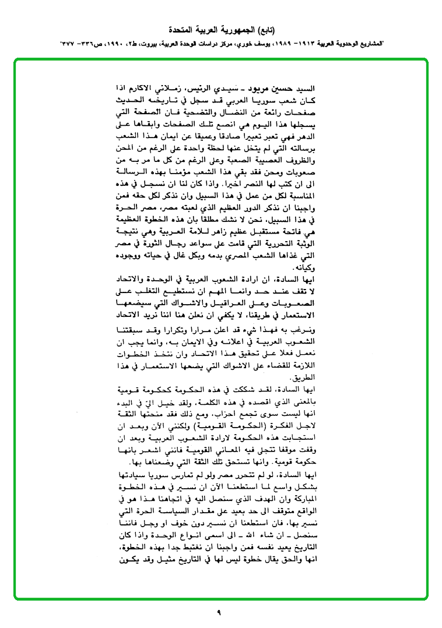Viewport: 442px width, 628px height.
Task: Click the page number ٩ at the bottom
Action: tap(220, 612)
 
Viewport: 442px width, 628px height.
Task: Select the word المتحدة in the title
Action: tap(183, 29)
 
